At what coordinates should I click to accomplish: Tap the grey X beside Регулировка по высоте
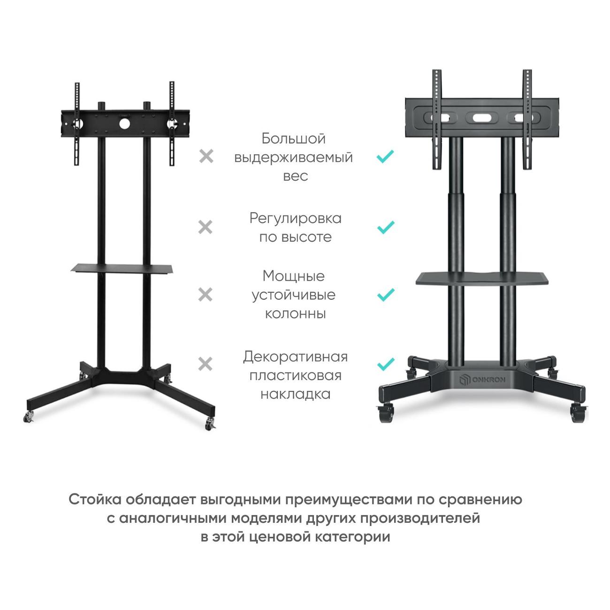point(206,228)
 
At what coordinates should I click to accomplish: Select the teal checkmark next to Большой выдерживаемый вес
point(385,156)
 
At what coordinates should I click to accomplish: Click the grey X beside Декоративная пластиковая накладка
point(206,364)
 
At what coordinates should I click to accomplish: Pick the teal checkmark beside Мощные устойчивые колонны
point(385,295)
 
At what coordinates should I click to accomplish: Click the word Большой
point(293,139)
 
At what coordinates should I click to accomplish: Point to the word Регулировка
point(295,218)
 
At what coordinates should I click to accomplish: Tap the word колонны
point(295,313)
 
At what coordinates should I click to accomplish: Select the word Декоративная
point(295,357)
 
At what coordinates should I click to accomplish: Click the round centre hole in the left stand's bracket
point(124,124)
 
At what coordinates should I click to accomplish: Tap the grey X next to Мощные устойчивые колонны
point(206,295)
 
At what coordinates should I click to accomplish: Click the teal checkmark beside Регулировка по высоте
point(385,228)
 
